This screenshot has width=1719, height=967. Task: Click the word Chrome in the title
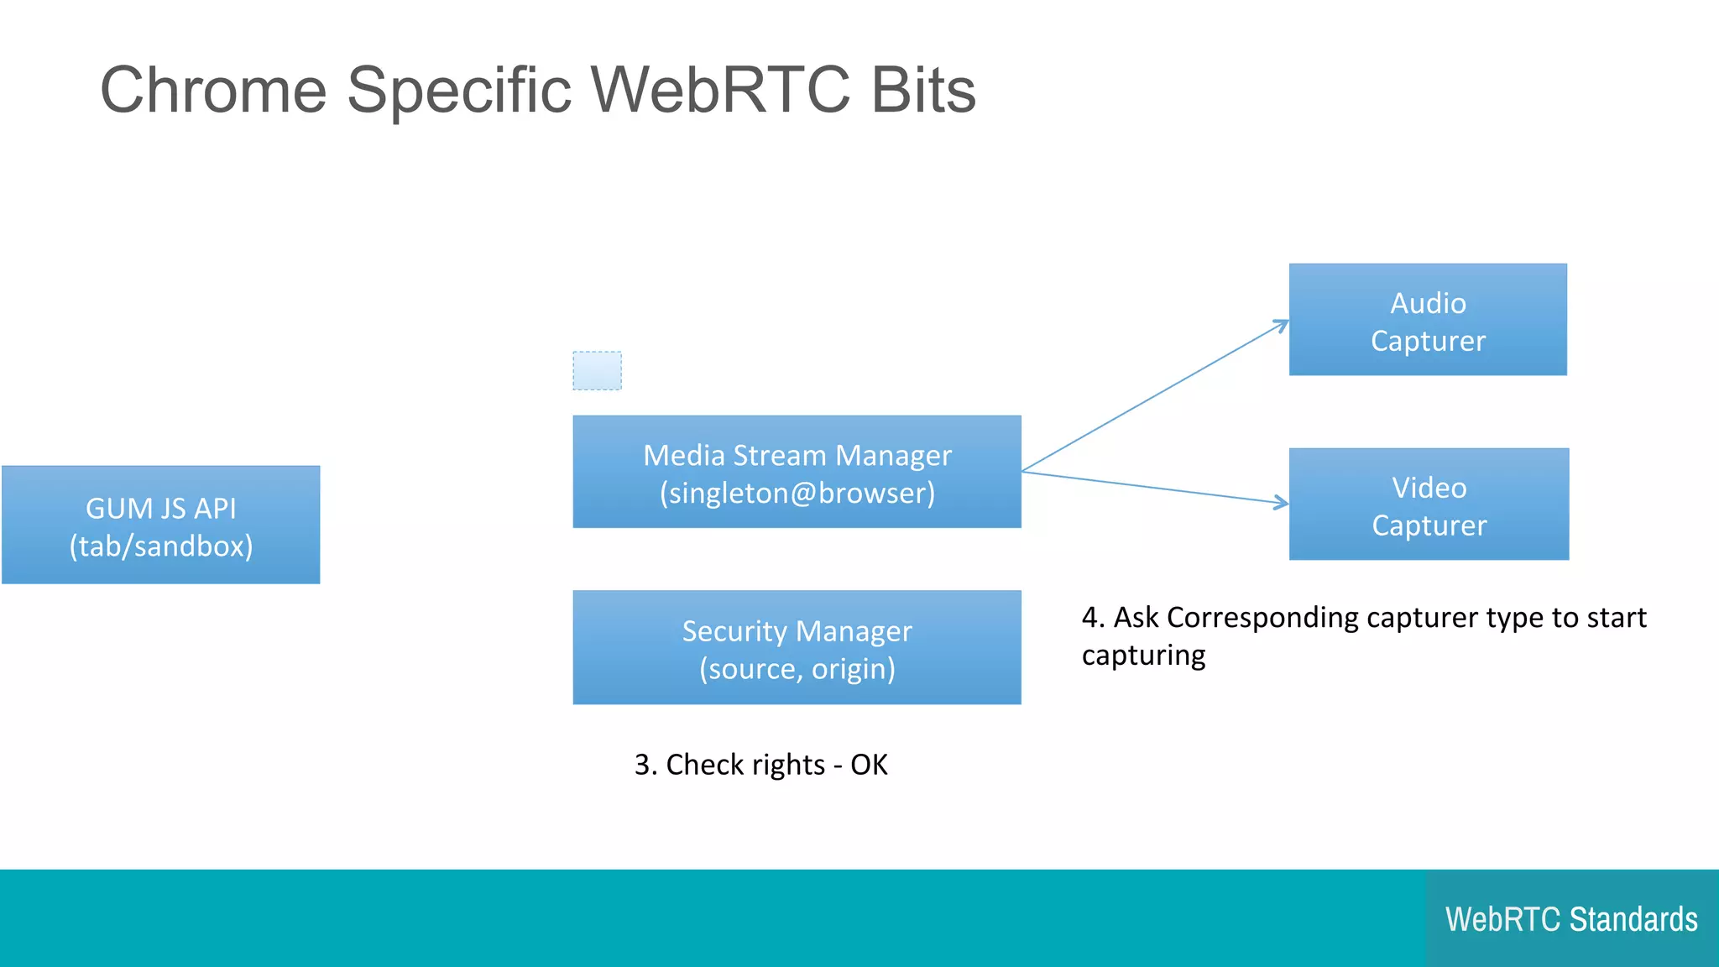(x=213, y=91)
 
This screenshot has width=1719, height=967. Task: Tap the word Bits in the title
(x=923, y=91)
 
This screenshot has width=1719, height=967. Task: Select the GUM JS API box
(x=161, y=525)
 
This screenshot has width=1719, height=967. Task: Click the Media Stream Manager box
(x=797, y=472)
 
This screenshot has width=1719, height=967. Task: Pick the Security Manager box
(x=797, y=647)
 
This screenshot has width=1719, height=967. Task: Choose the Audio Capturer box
(x=1428, y=320)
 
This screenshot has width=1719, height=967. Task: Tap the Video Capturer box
(x=1429, y=504)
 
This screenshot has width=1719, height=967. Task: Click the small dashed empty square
(x=597, y=370)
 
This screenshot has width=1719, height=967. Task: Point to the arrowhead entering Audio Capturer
(x=1282, y=324)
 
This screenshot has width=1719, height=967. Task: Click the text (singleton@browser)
(x=797, y=493)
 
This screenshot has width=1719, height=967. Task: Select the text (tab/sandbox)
(x=161, y=546)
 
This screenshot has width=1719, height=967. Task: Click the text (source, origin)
(x=797, y=669)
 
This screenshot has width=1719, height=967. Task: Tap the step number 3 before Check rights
(x=643, y=765)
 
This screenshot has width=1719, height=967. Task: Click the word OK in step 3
(x=869, y=765)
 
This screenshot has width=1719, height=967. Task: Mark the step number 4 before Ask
(x=1091, y=618)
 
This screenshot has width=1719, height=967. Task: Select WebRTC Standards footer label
(x=1571, y=919)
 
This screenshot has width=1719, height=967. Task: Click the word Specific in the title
(x=458, y=91)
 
